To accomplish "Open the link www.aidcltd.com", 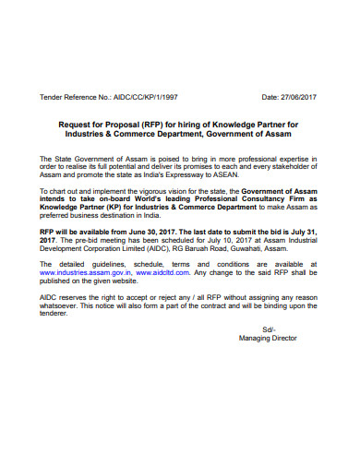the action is click(159, 273).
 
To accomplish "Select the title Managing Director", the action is click(269, 339).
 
